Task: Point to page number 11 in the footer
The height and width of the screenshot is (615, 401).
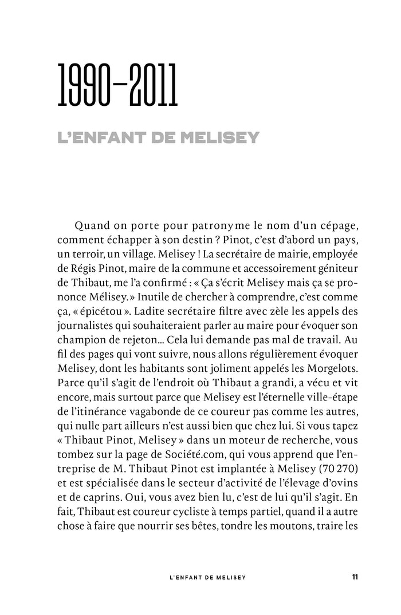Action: click(355, 577)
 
